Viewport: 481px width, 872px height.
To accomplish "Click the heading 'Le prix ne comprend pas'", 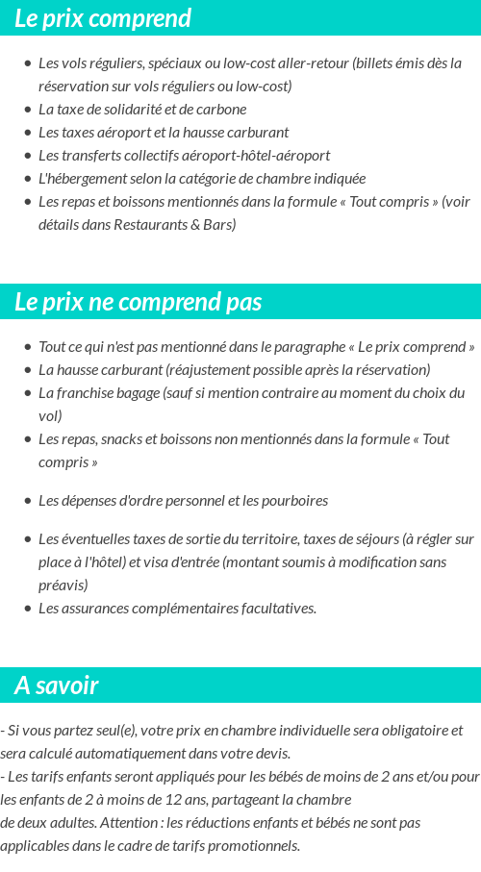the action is click(x=138, y=302).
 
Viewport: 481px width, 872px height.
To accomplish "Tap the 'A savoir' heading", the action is click(x=57, y=685).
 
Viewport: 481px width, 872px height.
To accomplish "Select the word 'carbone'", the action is click(x=222, y=110).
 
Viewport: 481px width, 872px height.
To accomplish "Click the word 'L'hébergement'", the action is click(x=79, y=179).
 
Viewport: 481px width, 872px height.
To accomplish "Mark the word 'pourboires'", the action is click(x=295, y=501).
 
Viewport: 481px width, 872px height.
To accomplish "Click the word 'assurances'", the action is click(x=93, y=609).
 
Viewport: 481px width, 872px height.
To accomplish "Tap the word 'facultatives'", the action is click(x=275, y=609).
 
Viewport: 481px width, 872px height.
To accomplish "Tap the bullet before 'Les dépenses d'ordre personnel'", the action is click(x=27, y=501).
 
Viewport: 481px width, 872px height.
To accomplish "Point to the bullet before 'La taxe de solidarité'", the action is click(x=27, y=110).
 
